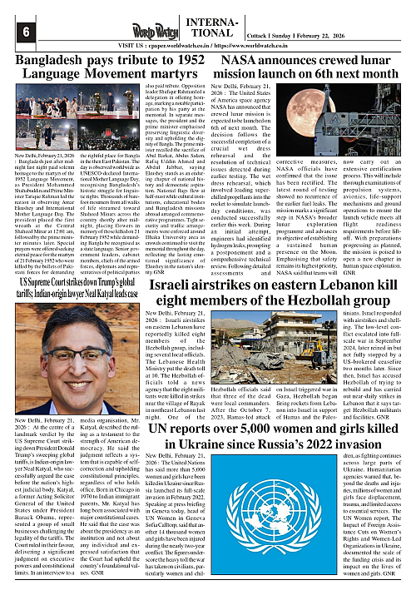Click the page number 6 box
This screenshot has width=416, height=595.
[x=15, y=31]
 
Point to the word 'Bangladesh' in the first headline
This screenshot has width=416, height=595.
[x=47, y=62]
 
